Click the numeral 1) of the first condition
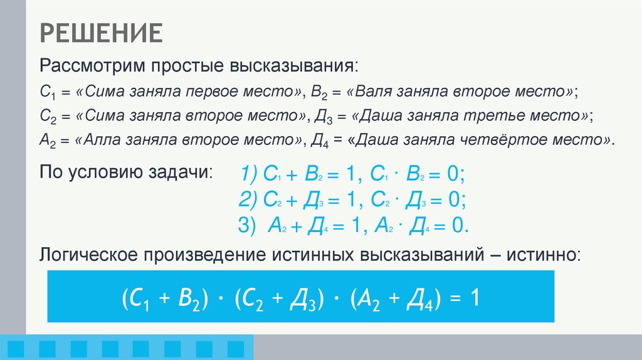point(251,174)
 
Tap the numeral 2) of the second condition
point(250,199)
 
